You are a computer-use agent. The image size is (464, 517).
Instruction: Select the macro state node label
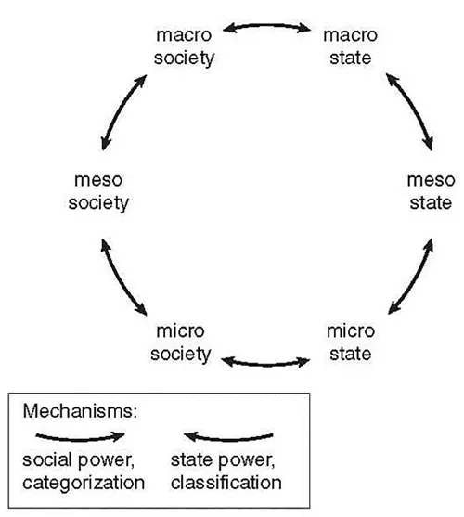tap(347, 45)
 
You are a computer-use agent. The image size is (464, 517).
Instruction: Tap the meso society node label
tap(97, 191)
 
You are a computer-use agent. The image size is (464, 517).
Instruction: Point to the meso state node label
tap(431, 191)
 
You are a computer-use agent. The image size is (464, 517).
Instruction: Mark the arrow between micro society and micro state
tap(266, 358)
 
